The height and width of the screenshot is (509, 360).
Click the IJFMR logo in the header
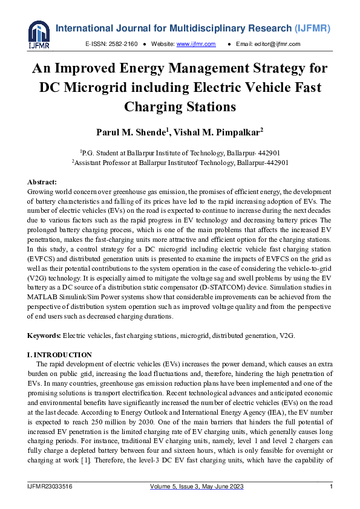pyautogui.click(x=39, y=35)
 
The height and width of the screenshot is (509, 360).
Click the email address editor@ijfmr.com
pyautogui.click(x=286, y=44)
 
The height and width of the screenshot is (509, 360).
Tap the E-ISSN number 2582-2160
pyautogui.click(x=123, y=44)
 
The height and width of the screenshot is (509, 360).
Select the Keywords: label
pyautogui.click(x=45, y=335)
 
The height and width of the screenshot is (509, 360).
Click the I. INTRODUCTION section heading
pyautogui.click(x=60, y=355)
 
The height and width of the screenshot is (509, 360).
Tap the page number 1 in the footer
pyautogui.click(x=331, y=487)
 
